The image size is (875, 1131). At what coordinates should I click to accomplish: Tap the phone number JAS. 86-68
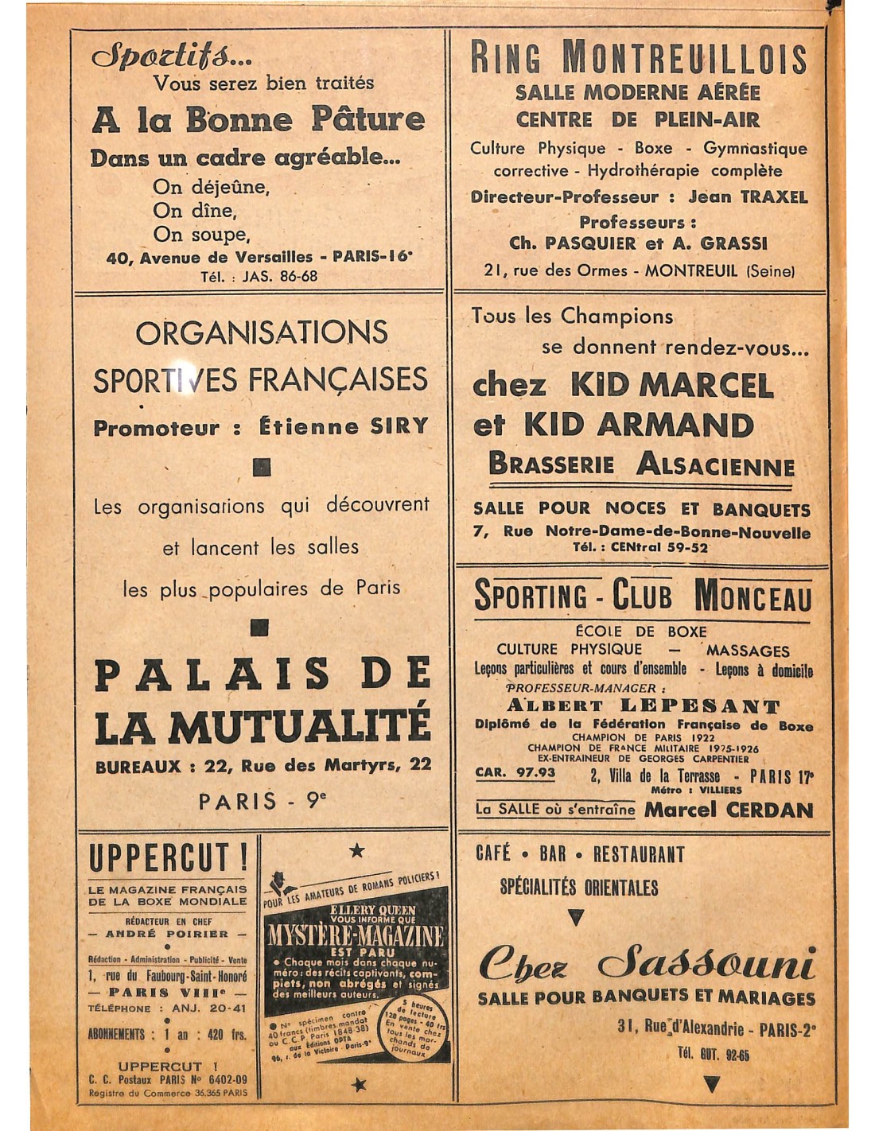(x=283, y=276)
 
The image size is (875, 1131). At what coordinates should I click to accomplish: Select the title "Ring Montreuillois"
(x=638, y=58)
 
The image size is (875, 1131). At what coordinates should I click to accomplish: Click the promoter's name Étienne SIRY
(x=344, y=427)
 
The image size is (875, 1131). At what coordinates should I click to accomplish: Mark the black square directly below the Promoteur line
(x=261, y=467)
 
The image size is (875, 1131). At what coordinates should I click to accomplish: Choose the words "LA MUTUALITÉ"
(x=262, y=726)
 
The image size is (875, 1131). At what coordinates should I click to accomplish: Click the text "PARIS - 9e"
(x=262, y=800)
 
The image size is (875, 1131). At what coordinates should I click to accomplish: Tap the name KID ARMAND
(x=638, y=426)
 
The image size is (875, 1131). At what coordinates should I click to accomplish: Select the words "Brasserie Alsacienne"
(x=641, y=464)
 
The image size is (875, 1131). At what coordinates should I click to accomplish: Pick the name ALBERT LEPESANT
(x=644, y=705)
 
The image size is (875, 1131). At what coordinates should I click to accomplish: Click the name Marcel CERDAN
(x=729, y=810)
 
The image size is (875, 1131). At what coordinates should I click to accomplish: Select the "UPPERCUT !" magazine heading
(x=168, y=859)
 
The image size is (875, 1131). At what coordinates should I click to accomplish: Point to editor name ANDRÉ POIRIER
(x=167, y=934)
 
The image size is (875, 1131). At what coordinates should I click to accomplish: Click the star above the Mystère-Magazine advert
(x=357, y=851)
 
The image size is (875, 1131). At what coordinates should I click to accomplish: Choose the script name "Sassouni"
(x=707, y=964)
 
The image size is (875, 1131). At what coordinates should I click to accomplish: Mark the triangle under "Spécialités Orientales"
(x=576, y=918)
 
